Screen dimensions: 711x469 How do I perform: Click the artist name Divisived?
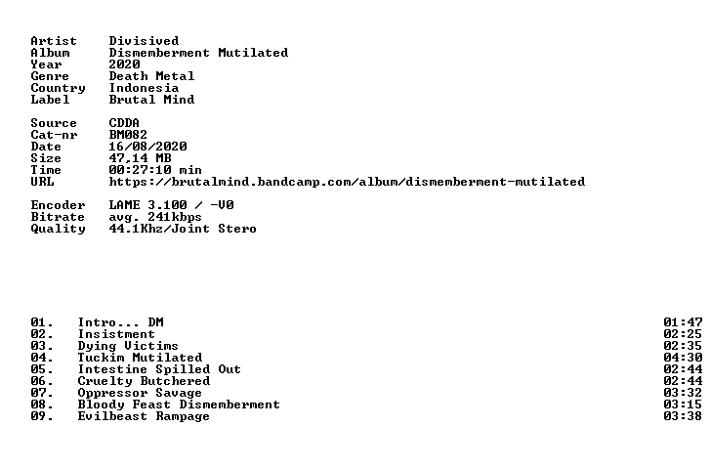[144, 41]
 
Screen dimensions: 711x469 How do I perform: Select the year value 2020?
[124, 64]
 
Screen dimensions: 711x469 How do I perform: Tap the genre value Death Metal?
[151, 76]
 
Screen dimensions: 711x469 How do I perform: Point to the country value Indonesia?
[144, 88]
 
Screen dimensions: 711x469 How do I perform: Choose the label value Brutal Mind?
[151, 100]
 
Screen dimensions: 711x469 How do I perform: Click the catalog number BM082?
[128, 135]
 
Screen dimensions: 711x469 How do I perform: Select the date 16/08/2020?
[147, 147]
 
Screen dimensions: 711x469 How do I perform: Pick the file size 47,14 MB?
[140, 158]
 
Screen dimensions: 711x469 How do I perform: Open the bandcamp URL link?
[347, 182]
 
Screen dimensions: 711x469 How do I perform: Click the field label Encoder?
[58, 205]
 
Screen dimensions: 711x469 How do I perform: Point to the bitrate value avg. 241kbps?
[155, 217]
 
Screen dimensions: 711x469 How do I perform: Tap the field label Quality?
[58, 229]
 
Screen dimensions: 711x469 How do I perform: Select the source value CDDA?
[124, 123]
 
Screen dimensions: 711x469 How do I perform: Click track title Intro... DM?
[121, 322]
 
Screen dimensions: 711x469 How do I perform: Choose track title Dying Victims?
[128, 346]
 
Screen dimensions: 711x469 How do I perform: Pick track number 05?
[42, 369]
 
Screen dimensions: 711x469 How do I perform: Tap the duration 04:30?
[683, 358]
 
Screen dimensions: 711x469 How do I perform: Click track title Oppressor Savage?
[140, 393]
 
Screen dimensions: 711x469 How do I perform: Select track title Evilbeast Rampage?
[144, 416]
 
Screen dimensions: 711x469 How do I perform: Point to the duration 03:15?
[683, 405]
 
